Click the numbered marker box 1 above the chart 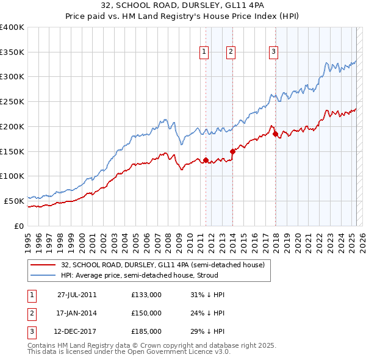(203, 52)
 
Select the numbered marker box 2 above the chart (231, 52)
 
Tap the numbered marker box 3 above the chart (274, 52)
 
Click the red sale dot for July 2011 (206, 160)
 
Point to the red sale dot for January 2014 (232, 151)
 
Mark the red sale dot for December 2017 (275, 134)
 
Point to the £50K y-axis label (14, 200)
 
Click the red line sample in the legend (42, 265)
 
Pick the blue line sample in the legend (42, 275)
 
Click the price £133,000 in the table (146, 295)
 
